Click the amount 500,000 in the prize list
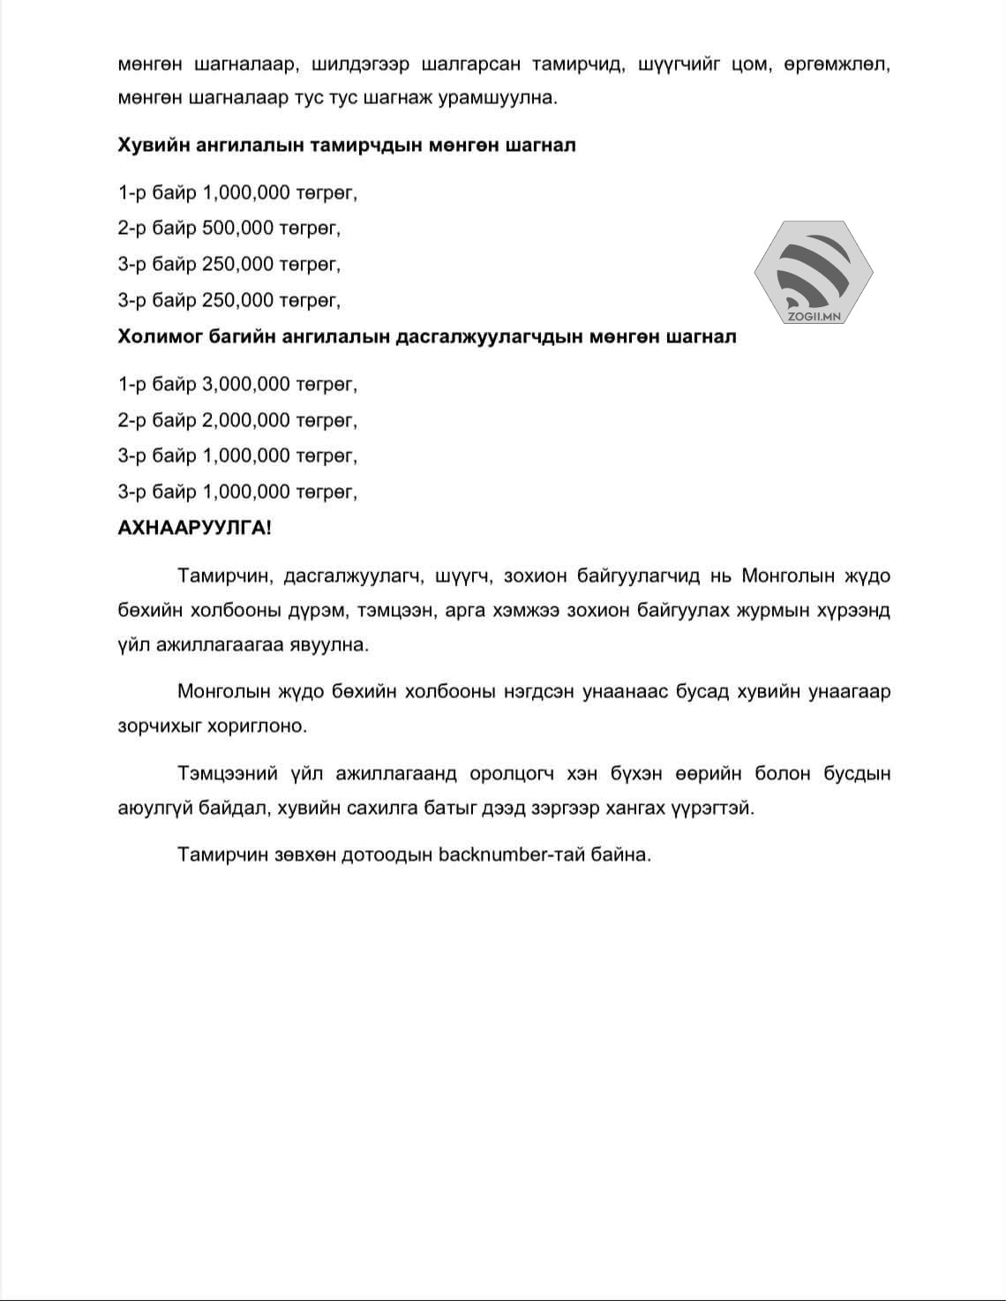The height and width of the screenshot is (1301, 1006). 237,228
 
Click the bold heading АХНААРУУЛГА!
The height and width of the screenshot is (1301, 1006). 195,528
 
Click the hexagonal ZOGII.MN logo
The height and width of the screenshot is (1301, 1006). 813,272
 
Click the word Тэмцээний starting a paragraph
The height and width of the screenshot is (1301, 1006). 229,774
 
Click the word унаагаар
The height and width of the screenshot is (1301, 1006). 849,691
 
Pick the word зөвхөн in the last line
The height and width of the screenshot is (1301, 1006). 301,854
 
